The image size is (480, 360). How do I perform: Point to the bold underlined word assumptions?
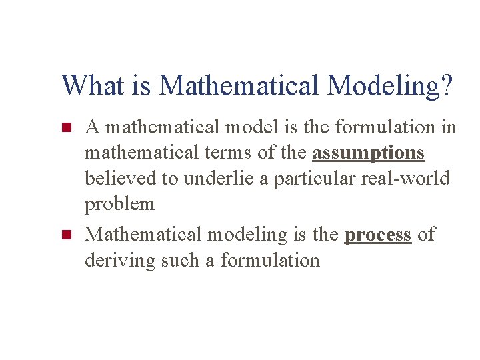point(368,153)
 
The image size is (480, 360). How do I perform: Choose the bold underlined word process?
point(377,234)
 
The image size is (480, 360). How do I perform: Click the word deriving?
point(120,260)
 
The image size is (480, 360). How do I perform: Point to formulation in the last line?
point(270,260)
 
